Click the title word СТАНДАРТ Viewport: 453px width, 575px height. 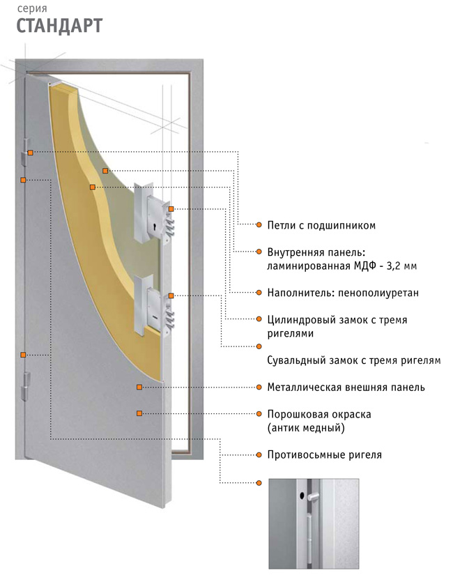pyautogui.click(x=59, y=26)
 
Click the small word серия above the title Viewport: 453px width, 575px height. pyautogui.click(x=32, y=8)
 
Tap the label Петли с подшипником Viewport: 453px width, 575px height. pyautogui.click(x=321, y=225)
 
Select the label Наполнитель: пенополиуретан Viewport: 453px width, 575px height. pyautogui.click(x=343, y=293)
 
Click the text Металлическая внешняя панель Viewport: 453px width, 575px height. pyautogui.click(x=346, y=388)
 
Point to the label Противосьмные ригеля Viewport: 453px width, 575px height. pyautogui.click(x=324, y=454)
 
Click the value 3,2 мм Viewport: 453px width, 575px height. pyautogui.click(x=401, y=266)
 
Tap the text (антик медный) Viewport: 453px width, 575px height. pyautogui.click(x=306, y=428)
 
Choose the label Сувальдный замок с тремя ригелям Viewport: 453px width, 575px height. pyautogui.click(x=353, y=360)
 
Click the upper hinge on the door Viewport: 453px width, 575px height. pyautogui.click(x=25, y=152)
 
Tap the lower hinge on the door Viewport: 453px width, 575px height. pyautogui.click(x=26, y=386)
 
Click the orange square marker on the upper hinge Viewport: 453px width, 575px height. pyautogui.click(x=31, y=153)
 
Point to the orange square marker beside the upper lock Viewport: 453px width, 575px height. pyautogui.click(x=171, y=209)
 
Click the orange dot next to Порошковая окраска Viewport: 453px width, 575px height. pyautogui.click(x=259, y=414)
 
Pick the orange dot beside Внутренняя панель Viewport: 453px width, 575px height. pyautogui.click(x=259, y=252)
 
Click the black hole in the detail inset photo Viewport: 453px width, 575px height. pyautogui.click(x=302, y=496)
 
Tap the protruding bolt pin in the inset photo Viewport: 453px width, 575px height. pyautogui.click(x=314, y=497)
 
